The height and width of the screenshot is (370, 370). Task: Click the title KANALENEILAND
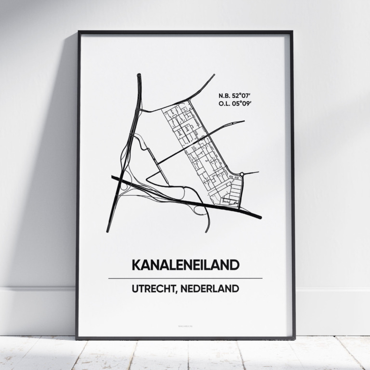click(185, 265)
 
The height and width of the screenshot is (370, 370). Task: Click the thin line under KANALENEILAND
click(185, 278)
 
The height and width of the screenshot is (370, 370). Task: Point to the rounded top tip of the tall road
click(139, 75)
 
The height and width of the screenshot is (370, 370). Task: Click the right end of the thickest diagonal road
click(260, 217)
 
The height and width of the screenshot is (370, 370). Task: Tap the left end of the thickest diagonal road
click(113, 177)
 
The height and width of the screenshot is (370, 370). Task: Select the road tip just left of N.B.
click(213, 75)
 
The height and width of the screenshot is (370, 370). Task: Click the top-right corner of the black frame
click(292, 32)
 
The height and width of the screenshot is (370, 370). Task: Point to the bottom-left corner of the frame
click(77, 338)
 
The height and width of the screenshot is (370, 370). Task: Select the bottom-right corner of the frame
click(294, 338)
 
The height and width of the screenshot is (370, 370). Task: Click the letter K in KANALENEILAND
click(135, 265)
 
